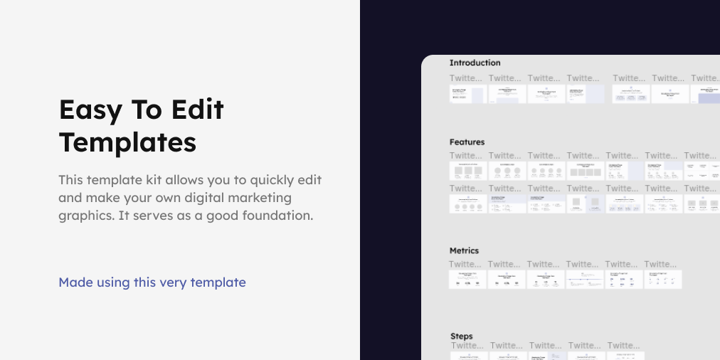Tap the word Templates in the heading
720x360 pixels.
127,142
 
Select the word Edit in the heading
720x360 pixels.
197,110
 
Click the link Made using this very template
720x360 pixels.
152,282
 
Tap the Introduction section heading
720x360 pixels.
475,63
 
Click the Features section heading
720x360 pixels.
467,142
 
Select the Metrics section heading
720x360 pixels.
464,250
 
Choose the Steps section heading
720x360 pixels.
462,336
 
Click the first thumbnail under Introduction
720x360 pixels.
467,95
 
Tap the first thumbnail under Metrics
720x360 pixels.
467,280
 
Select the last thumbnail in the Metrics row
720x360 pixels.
663,280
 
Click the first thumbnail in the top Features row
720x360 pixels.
467,171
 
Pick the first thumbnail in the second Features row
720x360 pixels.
467,204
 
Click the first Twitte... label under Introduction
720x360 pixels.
466,78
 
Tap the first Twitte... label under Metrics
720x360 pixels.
466,264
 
